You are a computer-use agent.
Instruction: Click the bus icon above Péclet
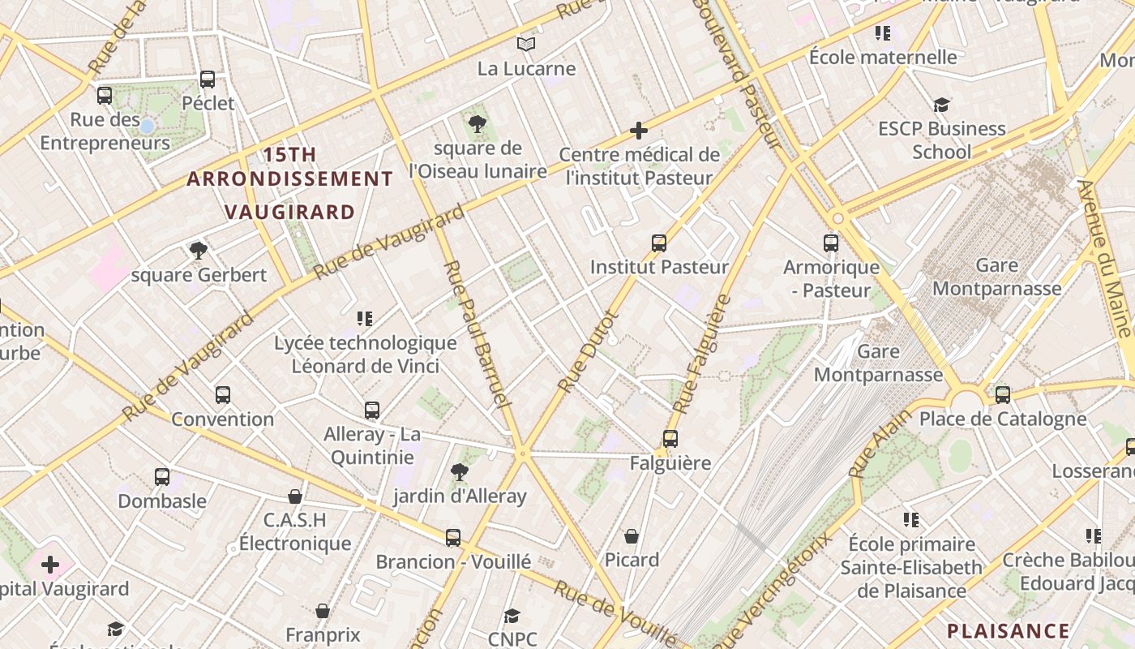click(x=208, y=80)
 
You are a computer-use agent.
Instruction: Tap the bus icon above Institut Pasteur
click(x=659, y=243)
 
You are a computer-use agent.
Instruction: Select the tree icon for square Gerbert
click(x=199, y=250)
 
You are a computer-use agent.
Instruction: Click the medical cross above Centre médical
click(x=639, y=131)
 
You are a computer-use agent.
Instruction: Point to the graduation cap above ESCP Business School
click(x=941, y=105)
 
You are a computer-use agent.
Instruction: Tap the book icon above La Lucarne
click(x=526, y=44)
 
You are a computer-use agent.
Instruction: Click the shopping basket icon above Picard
click(x=632, y=536)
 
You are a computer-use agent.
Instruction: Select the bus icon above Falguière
click(x=670, y=439)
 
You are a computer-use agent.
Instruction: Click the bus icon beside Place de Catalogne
click(x=1003, y=395)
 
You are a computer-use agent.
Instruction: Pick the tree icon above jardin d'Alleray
click(x=460, y=471)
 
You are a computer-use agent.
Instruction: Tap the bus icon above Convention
click(x=223, y=395)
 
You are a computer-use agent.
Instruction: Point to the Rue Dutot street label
click(x=589, y=352)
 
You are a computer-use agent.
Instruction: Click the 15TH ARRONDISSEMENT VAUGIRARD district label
click(x=289, y=183)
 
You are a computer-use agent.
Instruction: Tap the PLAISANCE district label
click(x=1009, y=631)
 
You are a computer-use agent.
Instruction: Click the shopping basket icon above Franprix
click(x=323, y=611)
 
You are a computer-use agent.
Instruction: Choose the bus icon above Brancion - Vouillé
click(x=453, y=537)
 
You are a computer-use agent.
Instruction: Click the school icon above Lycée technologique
click(x=365, y=319)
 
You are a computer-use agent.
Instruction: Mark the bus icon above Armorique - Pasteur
click(x=831, y=243)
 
